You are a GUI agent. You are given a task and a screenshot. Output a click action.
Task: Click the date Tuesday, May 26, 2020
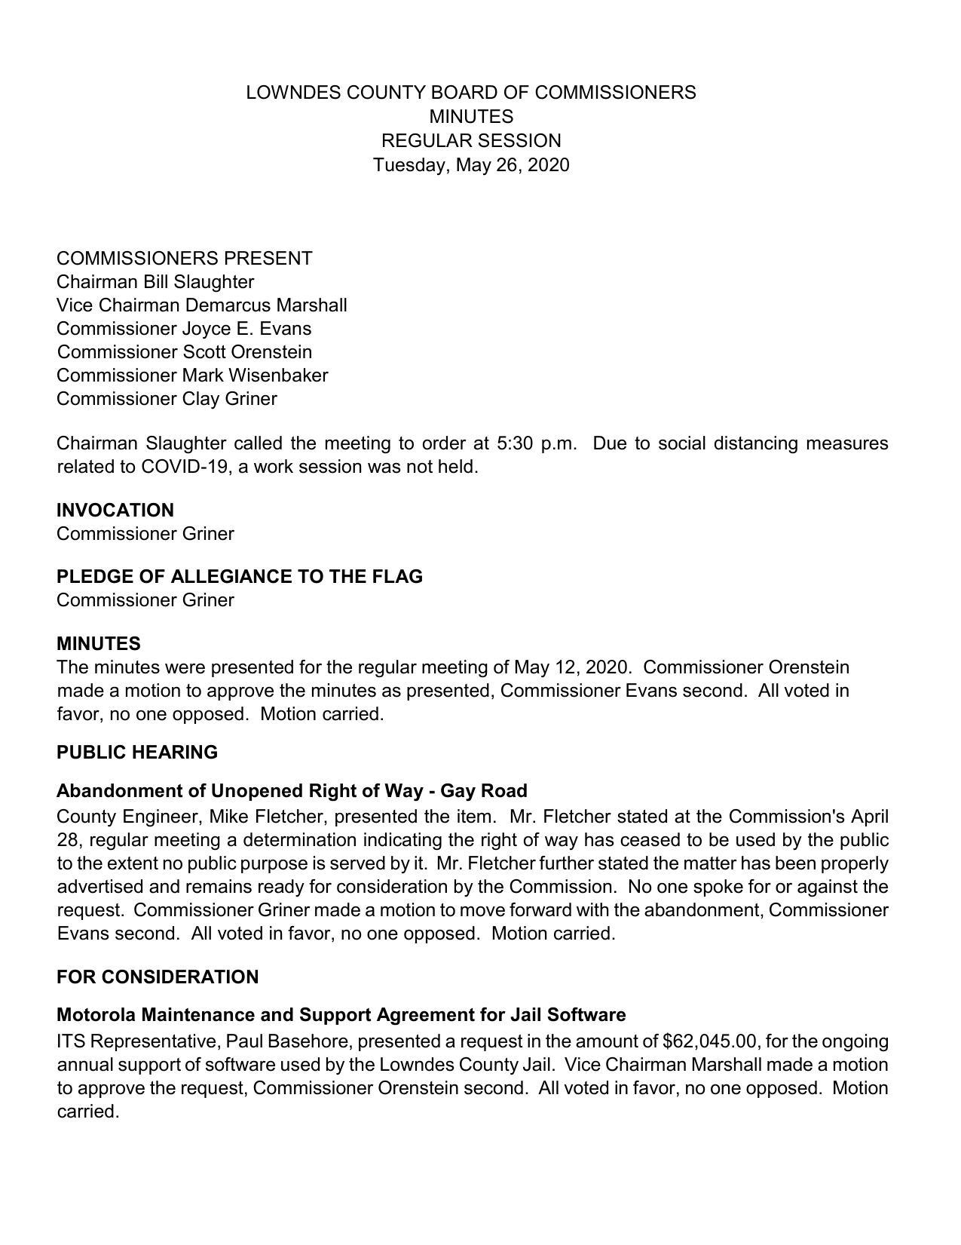[471, 164]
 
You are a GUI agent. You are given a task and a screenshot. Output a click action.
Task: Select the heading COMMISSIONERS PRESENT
[184, 258]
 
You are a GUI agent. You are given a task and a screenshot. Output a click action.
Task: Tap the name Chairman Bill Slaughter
[155, 281]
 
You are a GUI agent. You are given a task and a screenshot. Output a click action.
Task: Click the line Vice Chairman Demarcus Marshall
[201, 305]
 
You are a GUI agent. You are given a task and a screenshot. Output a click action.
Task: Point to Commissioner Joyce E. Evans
[183, 328]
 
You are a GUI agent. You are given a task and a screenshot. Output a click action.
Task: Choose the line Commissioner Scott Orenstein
[184, 351]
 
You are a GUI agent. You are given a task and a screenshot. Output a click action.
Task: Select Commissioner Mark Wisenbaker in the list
[192, 375]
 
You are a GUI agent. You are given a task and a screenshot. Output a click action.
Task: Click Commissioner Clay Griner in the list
[167, 398]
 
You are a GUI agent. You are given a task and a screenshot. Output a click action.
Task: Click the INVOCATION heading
[115, 510]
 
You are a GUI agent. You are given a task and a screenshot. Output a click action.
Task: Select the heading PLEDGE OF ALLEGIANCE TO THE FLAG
[239, 576]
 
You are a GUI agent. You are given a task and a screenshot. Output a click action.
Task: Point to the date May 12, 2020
[571, 667]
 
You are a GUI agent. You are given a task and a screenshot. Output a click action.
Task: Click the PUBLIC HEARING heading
[136, 752]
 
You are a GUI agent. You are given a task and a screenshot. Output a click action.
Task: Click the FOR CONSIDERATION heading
[157, 977]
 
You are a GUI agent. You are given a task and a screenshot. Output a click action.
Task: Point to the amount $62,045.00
[709, 1041]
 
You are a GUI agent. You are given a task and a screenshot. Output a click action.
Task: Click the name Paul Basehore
[287, 1041]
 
